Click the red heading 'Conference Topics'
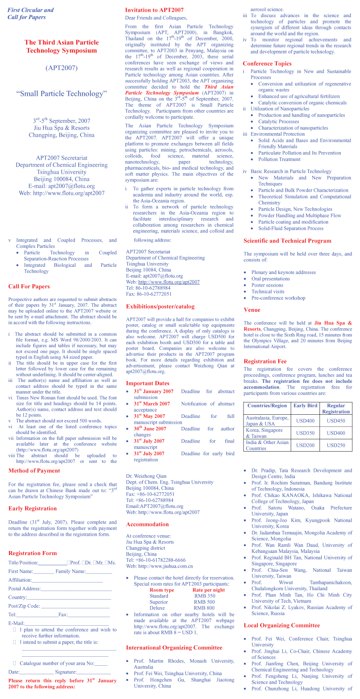[267, 64]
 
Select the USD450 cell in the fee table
[336, 421]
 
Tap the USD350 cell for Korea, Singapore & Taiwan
[305, 433]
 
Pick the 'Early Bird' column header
[305, 405]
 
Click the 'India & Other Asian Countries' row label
[267, 445]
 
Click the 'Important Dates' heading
[148, 383]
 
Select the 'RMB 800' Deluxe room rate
[204, 608]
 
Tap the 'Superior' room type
[158, 602]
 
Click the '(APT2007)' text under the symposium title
[62, 68]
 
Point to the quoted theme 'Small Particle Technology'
[62, 94]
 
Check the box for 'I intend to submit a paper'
[14, 642]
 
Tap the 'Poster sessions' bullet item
[267, 285]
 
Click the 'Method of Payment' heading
[34, 471]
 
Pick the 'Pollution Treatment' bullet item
[279, 159]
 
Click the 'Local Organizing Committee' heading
[282, 625]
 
